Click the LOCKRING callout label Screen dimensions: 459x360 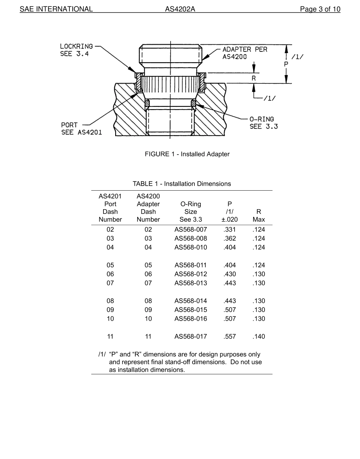[x=76, y=50]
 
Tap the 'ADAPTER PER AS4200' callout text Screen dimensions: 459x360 [x=244, y=53]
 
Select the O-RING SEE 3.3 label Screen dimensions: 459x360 [x=263, y=123]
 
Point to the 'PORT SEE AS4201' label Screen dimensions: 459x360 [x=81, y=128]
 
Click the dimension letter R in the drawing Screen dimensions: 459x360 [x=254, y=78]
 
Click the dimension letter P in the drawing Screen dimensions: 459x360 [x=286, y=64]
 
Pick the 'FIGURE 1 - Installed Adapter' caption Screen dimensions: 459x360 [x=187, y=154]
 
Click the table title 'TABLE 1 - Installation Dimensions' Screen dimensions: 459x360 [x=182, y=184]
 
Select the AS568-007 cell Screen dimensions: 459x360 [x=191, y=230]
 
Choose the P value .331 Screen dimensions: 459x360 [x=230, y=230]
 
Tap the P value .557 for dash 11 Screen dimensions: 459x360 [x=230, y=337]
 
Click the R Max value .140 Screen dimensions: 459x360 [x=259, y=337]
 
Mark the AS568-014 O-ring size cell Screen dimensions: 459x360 [x=191, y=301]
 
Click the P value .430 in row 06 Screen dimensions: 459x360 [x=230, y=274]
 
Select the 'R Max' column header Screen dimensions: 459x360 [x=259, y=216]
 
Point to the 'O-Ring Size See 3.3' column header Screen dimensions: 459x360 [x=191, y=212]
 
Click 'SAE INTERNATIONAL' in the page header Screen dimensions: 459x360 [x=56, y=9]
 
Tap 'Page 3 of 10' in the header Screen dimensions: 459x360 [x=320, y=9]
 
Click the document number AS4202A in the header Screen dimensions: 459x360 [x=180, y=9]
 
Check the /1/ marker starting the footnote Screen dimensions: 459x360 [x=102, y=354]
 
